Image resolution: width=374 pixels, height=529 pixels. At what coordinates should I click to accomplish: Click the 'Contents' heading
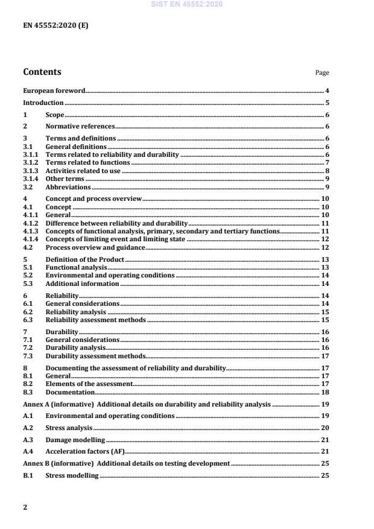(42, 72)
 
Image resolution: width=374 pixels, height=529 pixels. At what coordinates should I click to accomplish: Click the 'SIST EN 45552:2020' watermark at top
(187, 4)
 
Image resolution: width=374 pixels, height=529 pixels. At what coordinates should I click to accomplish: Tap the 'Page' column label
(322, 73)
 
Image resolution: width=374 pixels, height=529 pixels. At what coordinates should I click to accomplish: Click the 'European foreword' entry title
(54, 90)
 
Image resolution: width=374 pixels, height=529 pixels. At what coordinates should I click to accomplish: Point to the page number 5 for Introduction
(326, 103)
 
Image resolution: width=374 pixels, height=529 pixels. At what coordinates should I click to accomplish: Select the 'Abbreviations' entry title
(68, 187)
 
